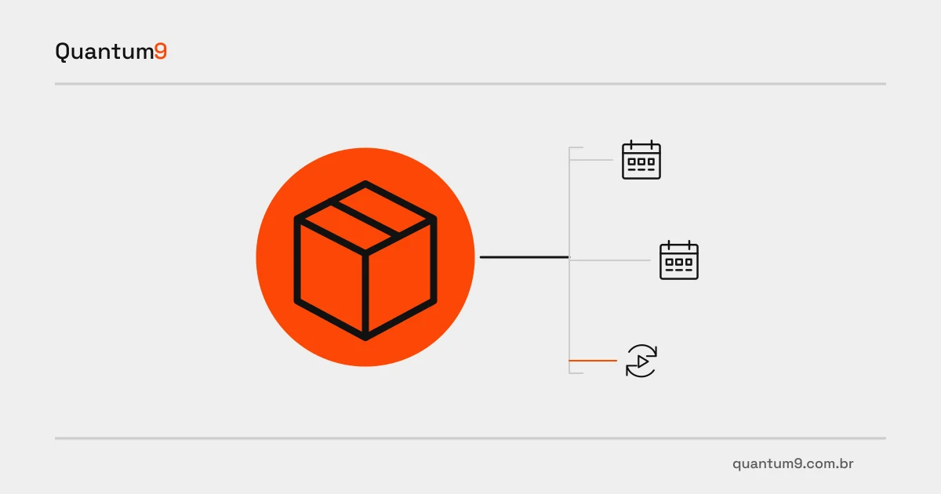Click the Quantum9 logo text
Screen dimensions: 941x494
pyautogui.click(x=111, y=52)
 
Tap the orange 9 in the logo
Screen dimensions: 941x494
pyautogui.click(x=161, y=51)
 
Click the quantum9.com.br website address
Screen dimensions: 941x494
pyautogui.click(x=793, y=463)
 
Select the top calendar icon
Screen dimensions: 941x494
pyautogui.click(x=641, y=160)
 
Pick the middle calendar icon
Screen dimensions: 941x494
pyautogui.click(x=679, y=260)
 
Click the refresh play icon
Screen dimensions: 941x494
pyautogui.click(x=641, y=361)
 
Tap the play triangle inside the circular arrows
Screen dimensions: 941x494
pyautogui.click(x=642, y=361)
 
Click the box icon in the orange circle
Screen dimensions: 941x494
pyautogui.click(x=365, y=260)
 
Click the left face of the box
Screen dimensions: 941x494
pyautogui.click(x=331, y=278)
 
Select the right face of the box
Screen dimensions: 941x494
pyautogui.click(x=400, y=278)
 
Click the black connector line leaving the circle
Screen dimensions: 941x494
pyautogui.click(x=525, y=257)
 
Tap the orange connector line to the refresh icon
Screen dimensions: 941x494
pyautogui.click(x=593, y=361)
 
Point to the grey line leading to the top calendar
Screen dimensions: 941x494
pyautogui.click(x=591, y=160)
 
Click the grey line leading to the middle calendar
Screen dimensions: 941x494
pyautogui.click(x=610, y=260)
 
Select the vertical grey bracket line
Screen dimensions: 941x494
pyautogui.click(x=569, y=260)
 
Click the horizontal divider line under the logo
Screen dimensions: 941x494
pyautogui.click(x=470, y=84)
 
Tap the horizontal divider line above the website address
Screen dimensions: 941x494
pyautogui.click(x=470, y=438)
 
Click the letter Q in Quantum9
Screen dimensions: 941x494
pyautogui.click(x=62, y=52)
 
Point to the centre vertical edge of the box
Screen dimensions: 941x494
pyautogui.click(x=365, y=295)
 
